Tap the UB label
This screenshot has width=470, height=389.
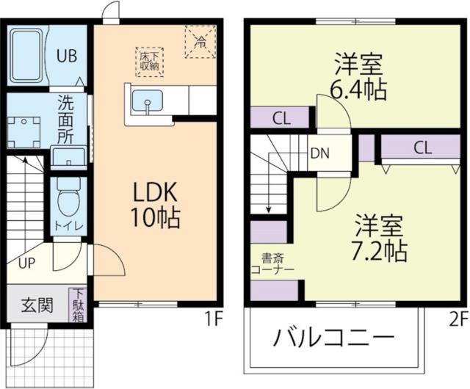pos(68,55)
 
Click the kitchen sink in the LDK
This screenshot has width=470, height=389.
pos(150,102)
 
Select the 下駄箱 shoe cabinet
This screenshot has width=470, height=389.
pos(78,305)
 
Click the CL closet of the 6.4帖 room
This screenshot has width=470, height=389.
pos(279,117)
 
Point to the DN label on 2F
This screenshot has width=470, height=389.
pos(320,153)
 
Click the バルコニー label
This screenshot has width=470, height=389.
pos(334,339)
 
